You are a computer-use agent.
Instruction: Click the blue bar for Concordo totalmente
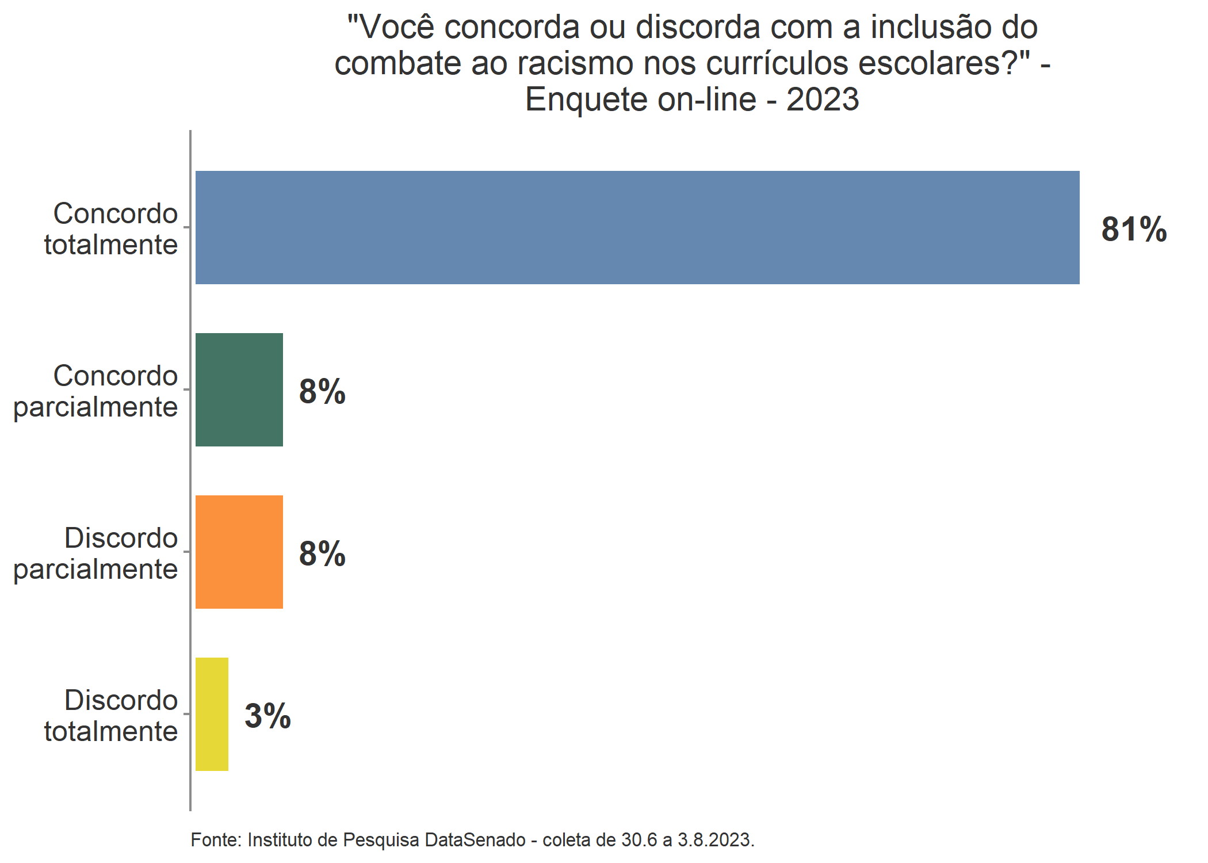coord(637,227)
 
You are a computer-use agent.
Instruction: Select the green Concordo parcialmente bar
coord(239,390)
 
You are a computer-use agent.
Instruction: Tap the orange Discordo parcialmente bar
coord(239,552)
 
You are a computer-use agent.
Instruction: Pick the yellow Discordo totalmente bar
coord(212,714)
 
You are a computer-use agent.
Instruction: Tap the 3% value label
coord(267,716)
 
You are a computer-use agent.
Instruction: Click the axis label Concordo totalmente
coord(111,229)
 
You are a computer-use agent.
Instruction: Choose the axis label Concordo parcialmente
coord(95,391)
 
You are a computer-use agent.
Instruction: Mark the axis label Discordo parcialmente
coord(95,553)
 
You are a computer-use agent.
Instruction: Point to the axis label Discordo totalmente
coord(111,716)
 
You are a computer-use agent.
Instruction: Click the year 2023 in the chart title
coord(823,100)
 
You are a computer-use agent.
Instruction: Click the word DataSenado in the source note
coord(475,840)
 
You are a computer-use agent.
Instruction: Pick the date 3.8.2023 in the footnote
coord(716,840)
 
